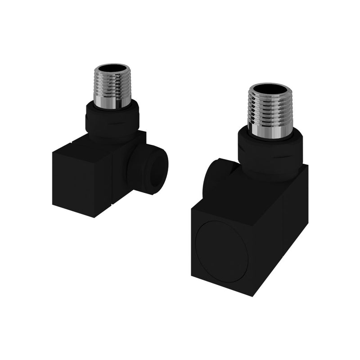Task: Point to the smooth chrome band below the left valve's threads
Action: [112, 102]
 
